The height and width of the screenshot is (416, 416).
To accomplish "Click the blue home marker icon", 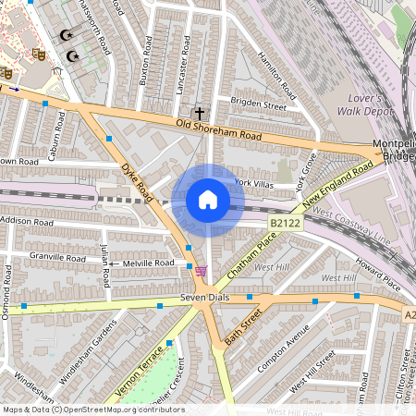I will point(208,200).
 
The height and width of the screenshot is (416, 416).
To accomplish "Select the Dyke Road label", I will point(137,181).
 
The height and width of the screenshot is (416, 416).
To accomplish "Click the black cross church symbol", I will point(199,112).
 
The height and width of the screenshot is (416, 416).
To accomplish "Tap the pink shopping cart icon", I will point(201,270).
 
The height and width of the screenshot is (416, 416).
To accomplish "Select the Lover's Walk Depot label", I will point(372,104).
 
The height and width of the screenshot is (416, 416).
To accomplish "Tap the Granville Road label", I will point(56,256).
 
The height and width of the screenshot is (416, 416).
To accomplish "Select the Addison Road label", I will point(28,222).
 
